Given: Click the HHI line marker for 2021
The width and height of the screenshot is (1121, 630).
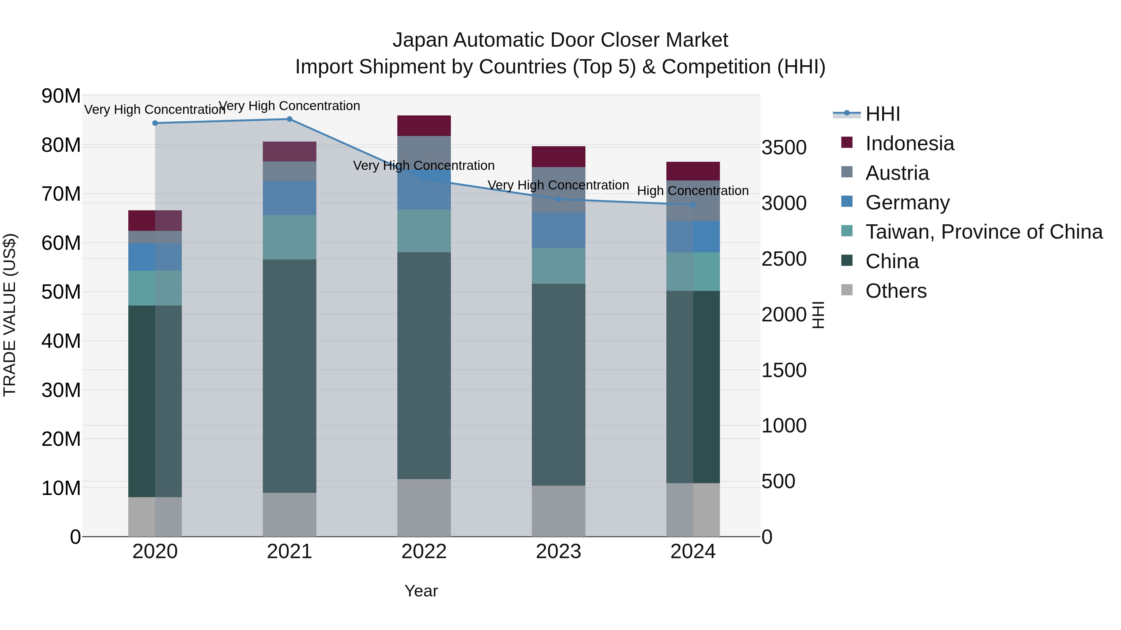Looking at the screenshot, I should pyautogui.click(x=289, y=119).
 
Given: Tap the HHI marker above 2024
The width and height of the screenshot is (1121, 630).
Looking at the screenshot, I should pyautogui.click(x=693, y=205).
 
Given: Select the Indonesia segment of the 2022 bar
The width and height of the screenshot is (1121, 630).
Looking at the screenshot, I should pyautogui.click(x=424, y=126).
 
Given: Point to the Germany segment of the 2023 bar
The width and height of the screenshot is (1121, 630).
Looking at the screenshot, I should pyautogui.click(x=558, y=230).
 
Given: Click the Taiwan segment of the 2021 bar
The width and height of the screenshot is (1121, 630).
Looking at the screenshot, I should pyautogui.click(x=289, y=237).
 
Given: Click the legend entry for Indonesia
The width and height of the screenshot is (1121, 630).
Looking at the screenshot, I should pyautogui.click(x=910, y=143).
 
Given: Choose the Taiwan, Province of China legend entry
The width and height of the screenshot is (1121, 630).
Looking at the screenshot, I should pyautogui.click(x=983, y=232).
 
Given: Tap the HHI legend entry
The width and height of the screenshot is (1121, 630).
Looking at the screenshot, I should pyautogui.click(x=882, y=114).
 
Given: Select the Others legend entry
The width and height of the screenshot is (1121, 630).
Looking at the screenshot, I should pyautogui.click(x=896, y=291).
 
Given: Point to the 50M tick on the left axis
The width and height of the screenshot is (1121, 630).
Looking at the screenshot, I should pyautogui.click(x=61, y=292).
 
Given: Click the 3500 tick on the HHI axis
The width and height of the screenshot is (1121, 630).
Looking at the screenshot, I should pyautogui.click(x=784, y=148).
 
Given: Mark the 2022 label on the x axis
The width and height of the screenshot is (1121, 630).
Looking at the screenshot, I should pyautogui.click(x=424, y=552).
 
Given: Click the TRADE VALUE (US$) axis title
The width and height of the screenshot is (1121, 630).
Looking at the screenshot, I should pyautogui.click(x=10, y=315).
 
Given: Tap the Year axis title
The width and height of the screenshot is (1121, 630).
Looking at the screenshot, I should pyautogui.click(x=421, y=591).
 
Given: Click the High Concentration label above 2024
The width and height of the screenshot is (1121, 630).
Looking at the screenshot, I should pyautogui.click(x=693, y=191).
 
